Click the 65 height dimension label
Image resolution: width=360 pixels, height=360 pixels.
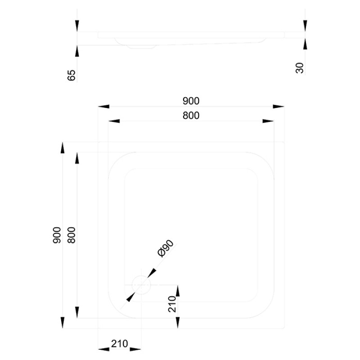coord(72,75)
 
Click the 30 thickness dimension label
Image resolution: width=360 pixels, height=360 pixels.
coord(300,68)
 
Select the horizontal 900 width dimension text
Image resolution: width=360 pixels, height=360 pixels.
coord(191,101)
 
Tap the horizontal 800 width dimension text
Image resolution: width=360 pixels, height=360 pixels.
coord(191,116)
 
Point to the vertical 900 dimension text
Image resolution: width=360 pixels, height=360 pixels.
coord(57,235)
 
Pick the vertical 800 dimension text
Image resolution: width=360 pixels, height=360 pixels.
coord(72,235)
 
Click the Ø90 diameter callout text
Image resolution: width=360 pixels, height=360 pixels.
coord(166,248)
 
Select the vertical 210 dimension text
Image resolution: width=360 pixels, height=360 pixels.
coord(172,304)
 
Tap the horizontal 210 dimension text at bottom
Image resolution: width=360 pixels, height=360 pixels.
coord(120,344)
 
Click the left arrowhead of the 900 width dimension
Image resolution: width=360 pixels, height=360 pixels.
coord(104,107)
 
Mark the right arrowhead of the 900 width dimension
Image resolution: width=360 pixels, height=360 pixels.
coord(279,107)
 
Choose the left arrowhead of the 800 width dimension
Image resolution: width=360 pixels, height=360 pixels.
coord(114,121)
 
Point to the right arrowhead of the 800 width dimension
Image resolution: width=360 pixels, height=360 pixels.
coord(268,121)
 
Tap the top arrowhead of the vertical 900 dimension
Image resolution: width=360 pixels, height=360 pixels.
coord(63,148)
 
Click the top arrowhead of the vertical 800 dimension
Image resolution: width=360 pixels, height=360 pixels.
coord(77,158)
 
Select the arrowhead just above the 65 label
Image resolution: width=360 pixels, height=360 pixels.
coord(77,51)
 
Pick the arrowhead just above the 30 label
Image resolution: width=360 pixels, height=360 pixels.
coord(305,44)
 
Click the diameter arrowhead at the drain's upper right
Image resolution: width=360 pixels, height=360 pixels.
coord(152,273)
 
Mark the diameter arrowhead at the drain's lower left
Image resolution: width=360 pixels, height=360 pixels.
coord(130,297)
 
